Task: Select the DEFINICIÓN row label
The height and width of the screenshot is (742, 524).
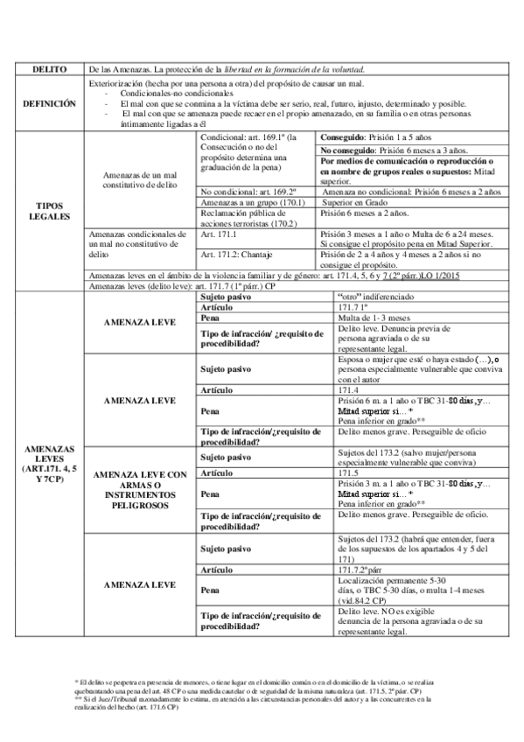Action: pyautogui.click(x=44, y=103)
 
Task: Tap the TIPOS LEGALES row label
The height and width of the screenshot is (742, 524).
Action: pyautogui.click(x=44, y=210)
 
